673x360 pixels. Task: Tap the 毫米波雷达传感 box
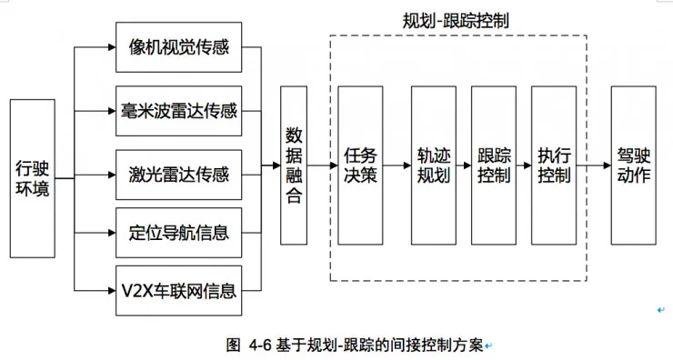click(x=179, y=111)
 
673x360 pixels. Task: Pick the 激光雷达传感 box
click(x=179, y=173)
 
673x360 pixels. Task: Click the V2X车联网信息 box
click(x=179, y=292)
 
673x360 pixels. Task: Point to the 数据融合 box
click(x=294, y=165)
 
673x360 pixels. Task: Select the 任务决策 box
click(x=360, y=165)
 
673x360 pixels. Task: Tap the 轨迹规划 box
click(x=433, y=165)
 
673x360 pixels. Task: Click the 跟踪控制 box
click(x=494, y=165)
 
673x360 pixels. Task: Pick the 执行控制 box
click(x=554, y=165)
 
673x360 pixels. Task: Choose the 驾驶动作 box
click(x=633, y=165)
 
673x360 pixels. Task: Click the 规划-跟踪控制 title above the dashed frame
click(x=457, y=20)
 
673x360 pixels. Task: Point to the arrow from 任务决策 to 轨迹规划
click(x=397, y=165)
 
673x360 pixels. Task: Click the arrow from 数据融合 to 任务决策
click(x=322, y=165)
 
